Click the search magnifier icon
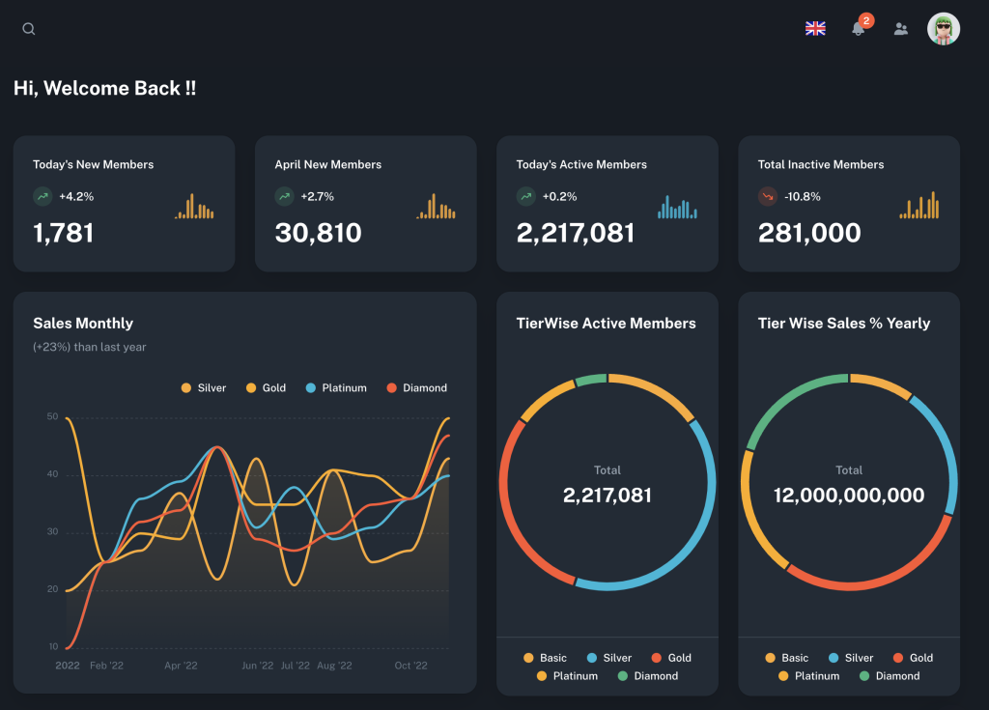tap(28, 29)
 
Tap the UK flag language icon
tap(815, 28)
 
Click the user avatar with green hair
tap(944, 29)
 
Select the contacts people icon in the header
tap(901, 29)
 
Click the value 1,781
tap(63, 233)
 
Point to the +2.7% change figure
tap(317, 197)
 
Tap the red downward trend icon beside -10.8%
tap(768, 197)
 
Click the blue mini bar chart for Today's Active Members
tap(677, 207)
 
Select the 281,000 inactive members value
tap(809, 233)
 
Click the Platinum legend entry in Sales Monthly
tap(336, 388)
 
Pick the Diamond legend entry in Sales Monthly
tap(417, 388)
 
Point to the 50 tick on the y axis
tap(52, 416)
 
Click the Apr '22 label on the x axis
tap(181, 666)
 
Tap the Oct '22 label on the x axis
tap(410, 666)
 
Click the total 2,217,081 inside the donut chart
tap(607, 496)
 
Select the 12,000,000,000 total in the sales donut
tap(849, 496)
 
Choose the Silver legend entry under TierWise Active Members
tap(609, 658)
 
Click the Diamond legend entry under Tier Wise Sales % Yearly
tap(890, 676)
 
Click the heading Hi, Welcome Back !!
tap(104, 88)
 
